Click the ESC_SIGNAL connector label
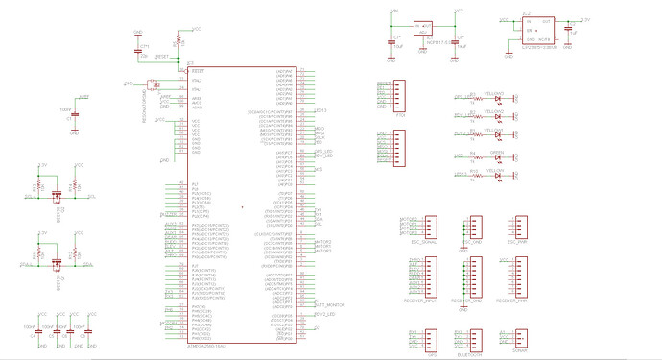tap(423, 243)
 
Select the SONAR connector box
tap(520, 340)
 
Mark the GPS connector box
tap(430, 340)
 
